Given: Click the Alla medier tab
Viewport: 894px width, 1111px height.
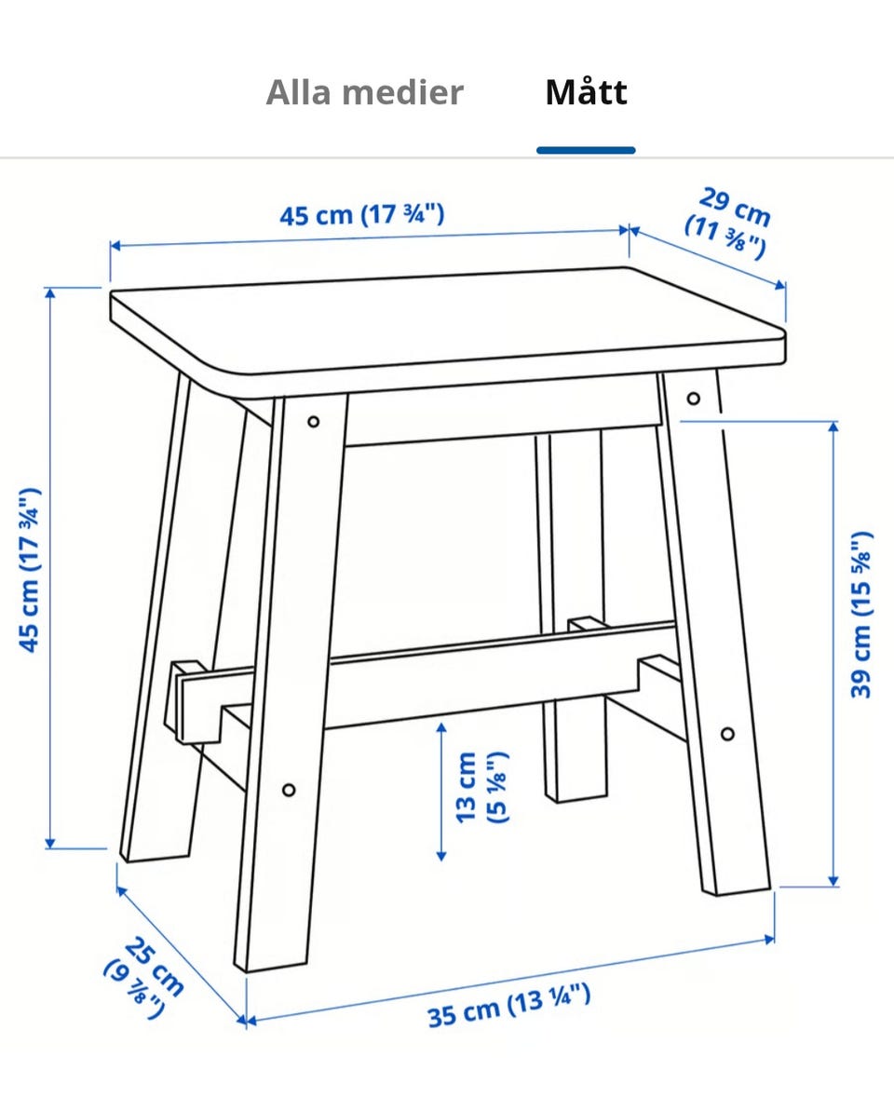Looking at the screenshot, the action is (x=364, y=93).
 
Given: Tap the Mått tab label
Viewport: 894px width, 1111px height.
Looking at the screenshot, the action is (x=586, y=93).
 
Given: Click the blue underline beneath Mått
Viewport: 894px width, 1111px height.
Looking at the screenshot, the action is (x=586, y=150).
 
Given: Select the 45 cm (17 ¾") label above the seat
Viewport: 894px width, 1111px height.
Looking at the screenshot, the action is (x=362, y=214).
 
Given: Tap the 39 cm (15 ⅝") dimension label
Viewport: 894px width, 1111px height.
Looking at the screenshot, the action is (x=860, y=615).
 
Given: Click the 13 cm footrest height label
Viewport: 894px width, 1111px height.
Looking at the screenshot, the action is (x=481, y=787).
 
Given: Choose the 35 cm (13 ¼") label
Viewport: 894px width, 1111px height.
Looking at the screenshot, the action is (x=508, y=1006).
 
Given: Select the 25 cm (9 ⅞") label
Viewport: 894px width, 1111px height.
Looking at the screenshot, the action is (x=145, y=979).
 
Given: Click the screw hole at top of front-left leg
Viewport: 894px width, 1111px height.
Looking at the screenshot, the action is (x=313, y=422).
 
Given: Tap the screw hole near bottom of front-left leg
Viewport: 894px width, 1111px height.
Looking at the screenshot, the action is (x=289, y=790).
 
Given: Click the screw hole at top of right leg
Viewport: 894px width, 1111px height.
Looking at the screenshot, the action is (x=694, y=399).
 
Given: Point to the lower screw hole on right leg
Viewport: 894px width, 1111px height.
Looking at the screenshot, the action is (x=727, y=733).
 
